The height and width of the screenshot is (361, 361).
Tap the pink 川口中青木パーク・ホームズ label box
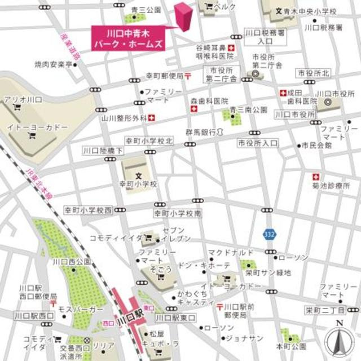coord(128,38)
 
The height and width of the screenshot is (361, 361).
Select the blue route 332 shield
coord(270,233)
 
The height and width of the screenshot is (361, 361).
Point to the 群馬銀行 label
coord(200,133)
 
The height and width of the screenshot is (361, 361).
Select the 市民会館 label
coord(316,146)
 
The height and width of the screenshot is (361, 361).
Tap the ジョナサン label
coord(244,338)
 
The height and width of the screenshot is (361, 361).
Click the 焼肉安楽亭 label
coord(54,65)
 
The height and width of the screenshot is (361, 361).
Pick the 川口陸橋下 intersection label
coord(98,151)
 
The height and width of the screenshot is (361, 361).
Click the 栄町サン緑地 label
coord(268,272)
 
